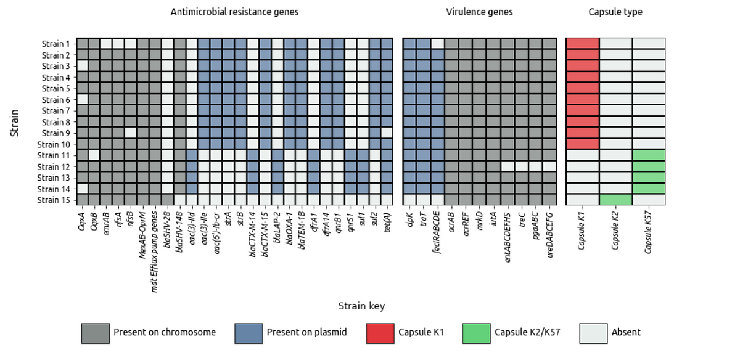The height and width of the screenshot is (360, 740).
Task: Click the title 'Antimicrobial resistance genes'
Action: [234, 12]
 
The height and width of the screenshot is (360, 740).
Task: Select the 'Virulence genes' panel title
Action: [479, 12]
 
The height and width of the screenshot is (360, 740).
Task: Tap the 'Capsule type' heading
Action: [615, 12]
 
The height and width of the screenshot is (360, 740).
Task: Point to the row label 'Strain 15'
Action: [54, 200]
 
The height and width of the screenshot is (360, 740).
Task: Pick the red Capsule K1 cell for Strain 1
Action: [583, 44]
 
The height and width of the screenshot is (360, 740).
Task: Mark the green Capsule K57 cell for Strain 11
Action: [649, 155]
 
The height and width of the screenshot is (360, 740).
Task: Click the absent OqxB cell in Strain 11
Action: [94, 155]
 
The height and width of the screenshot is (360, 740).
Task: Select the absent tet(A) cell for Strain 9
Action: [387, 133]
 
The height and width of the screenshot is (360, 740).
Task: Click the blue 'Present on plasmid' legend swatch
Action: [249, 333]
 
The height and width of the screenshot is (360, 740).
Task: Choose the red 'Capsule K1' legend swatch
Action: [380, 333]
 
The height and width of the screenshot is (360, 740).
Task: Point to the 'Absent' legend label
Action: [626, 333]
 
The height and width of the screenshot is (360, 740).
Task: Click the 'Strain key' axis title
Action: [361, 306]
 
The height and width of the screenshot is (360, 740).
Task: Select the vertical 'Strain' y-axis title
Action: [15, 123]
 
